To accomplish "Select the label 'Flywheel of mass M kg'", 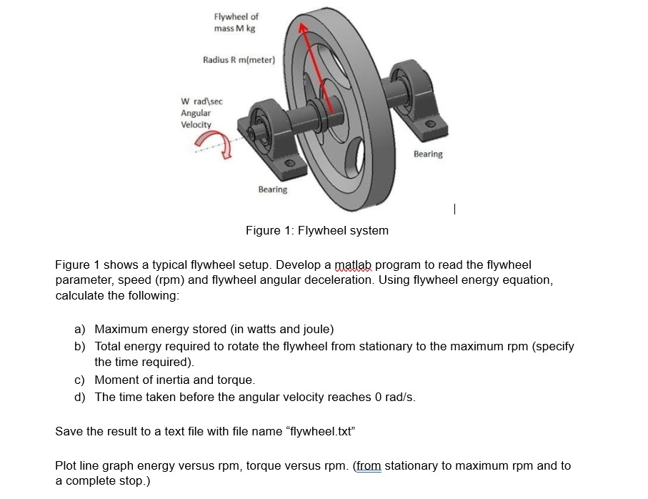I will coord(236,22).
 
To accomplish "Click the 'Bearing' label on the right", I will coord(428,154).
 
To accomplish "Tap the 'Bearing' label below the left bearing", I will coord(272,189).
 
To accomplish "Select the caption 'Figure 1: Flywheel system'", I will coord(316,230).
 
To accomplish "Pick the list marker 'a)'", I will coord(80,330).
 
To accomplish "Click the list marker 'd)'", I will coord(80,397).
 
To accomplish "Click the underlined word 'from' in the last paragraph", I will coord(369,465).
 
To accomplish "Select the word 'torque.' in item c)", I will coord(235,380).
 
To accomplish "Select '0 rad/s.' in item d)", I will coord(393,397).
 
